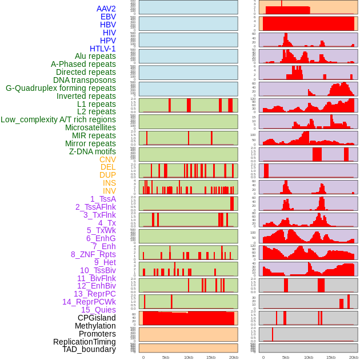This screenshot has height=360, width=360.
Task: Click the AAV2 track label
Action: tap(106, 9)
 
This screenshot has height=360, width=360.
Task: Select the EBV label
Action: tap(108, 17)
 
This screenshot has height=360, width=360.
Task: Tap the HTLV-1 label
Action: tap(102, 49)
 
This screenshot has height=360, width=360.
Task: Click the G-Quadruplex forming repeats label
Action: tap(61, 88)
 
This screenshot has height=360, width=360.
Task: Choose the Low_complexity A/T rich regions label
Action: tap(58, 119)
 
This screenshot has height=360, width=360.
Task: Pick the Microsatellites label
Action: tap(90, 127)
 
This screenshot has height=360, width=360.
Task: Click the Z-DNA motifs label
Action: tap(92, 151)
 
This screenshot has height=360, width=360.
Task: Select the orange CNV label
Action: tap(107, 159)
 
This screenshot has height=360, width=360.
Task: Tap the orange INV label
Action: tap(109, 191)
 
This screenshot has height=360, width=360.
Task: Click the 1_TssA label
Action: tap(103, 199)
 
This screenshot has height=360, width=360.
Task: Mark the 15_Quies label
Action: tap(98, 310)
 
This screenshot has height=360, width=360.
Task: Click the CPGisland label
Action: tap(97, 318)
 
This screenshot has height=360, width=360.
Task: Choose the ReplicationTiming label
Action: tap(84, 342)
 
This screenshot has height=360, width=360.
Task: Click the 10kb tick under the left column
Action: tap(189, 357)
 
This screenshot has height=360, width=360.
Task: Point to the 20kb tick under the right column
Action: tap(354, 357)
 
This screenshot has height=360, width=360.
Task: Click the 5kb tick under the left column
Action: tap(166, 357)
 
